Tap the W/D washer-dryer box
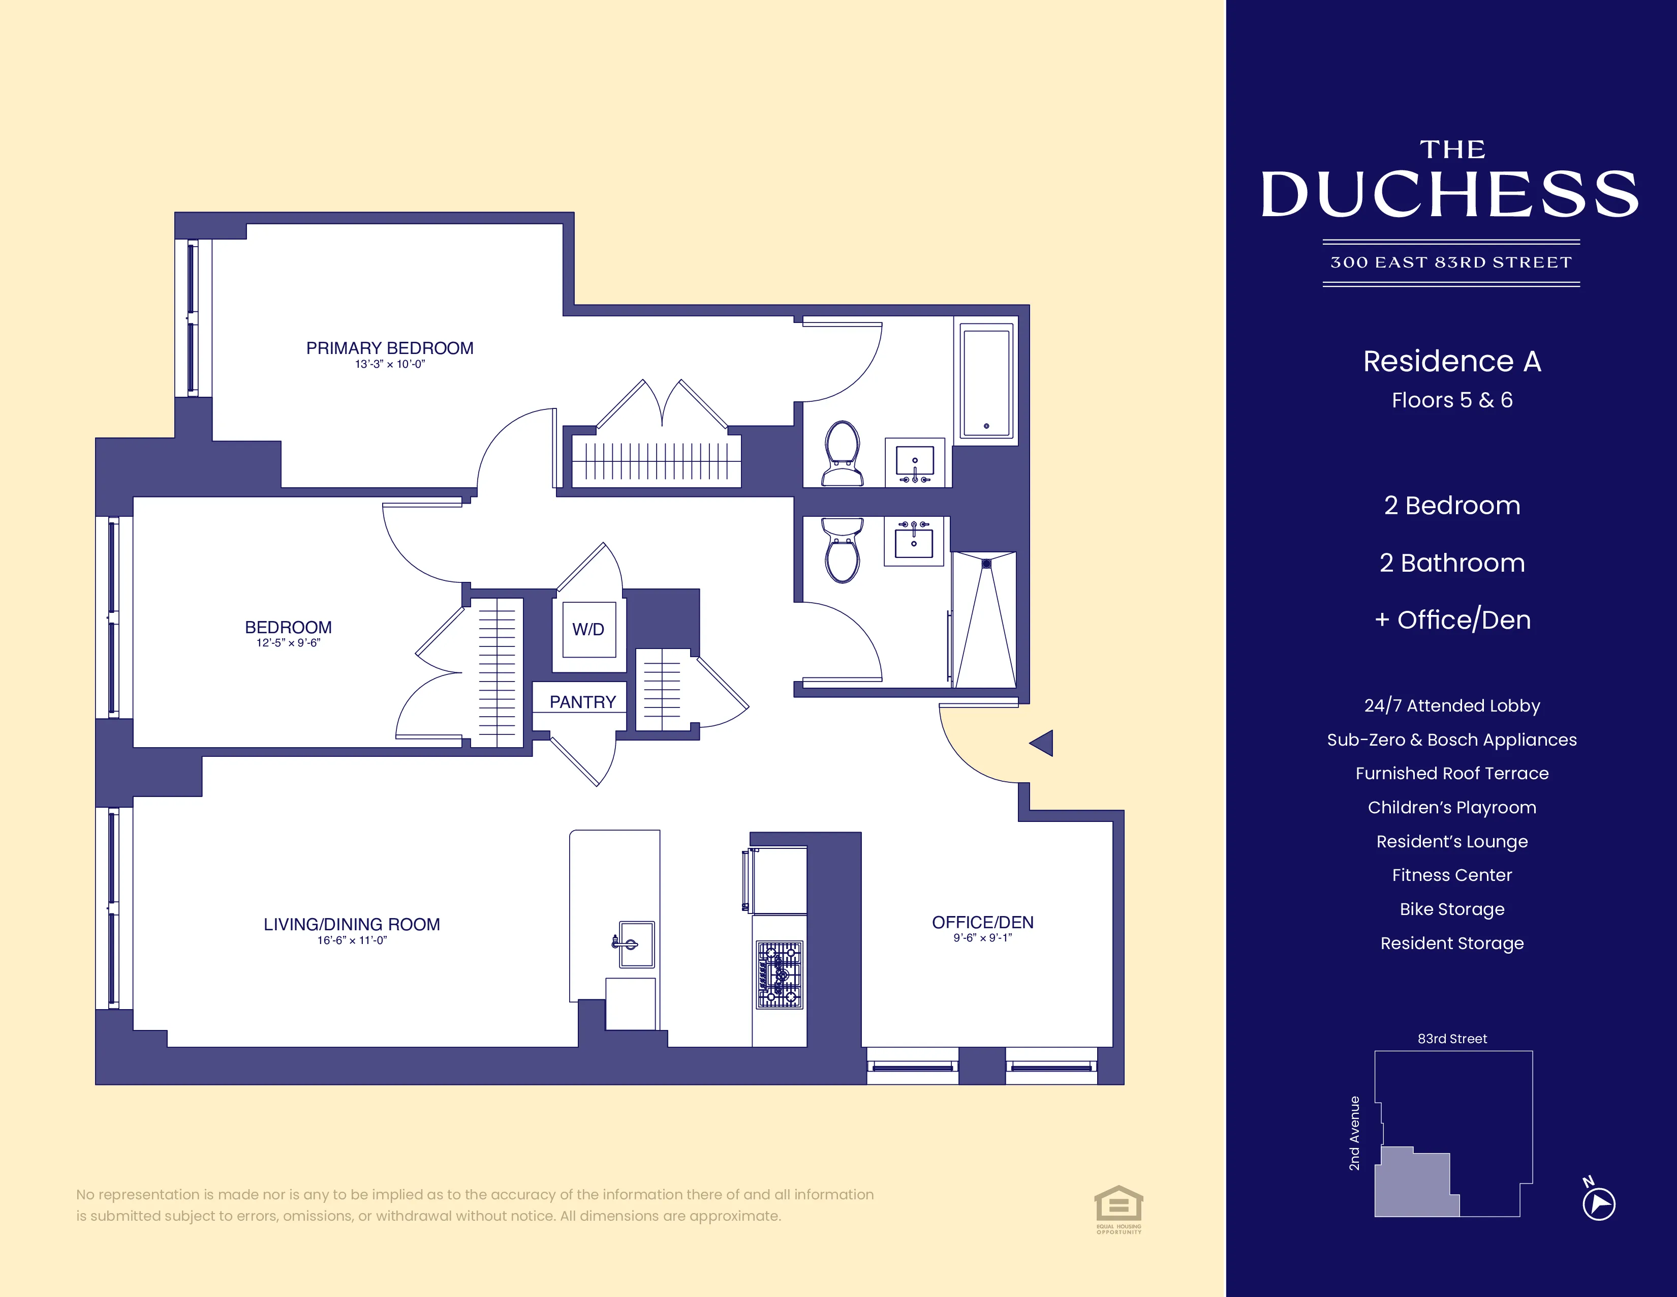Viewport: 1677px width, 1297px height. click(x=588, y=629)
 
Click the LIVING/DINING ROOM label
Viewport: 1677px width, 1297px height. click(x=352, y=924)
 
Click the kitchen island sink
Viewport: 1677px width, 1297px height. click(x=636, y=944)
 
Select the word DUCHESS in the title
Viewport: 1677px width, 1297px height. click(x=1450, y=194)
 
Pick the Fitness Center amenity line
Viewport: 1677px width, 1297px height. click(x=1451, y=875)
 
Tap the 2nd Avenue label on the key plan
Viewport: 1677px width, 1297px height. click(x=1354, y=1133)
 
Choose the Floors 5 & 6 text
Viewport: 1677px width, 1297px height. click(x=1451, y=400)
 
